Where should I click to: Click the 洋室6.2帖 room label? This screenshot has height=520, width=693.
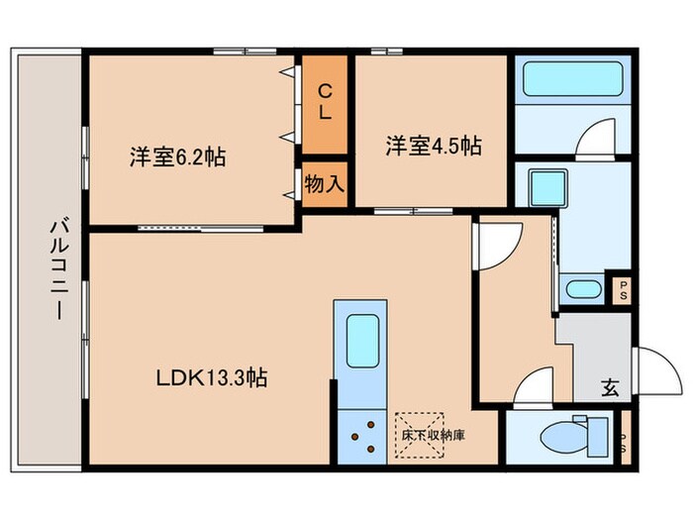click(x=176, y=156)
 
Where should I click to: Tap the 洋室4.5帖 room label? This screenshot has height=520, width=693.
click(x=434, y=146)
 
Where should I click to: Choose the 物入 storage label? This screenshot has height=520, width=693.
click(x=324, y=184)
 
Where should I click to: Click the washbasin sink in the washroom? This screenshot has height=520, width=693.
click(x=584, y=289)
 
